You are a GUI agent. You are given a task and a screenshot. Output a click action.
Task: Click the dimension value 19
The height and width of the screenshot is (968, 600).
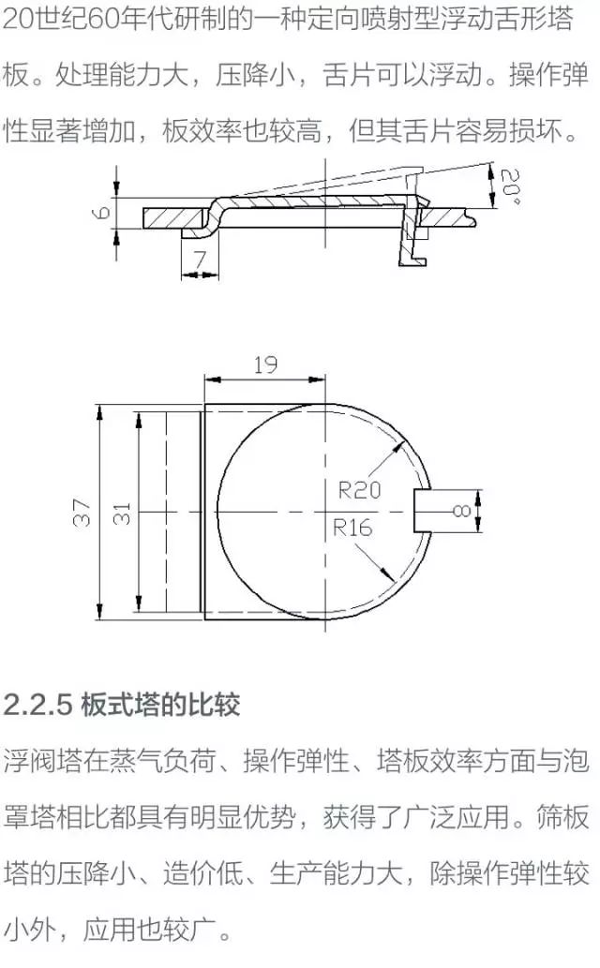[265, 365]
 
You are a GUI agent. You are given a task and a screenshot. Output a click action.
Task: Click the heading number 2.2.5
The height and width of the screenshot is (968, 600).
[38, 704]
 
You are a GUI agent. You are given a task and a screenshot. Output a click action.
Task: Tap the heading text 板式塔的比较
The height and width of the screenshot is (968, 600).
[160, 704]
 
